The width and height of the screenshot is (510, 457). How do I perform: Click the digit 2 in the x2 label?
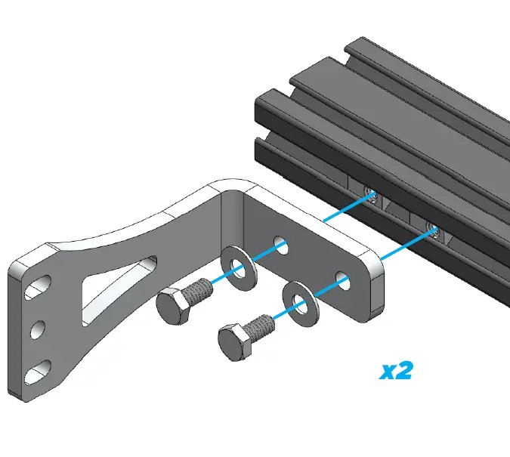coord(404,370)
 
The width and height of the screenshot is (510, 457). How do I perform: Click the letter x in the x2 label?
coord(388,372)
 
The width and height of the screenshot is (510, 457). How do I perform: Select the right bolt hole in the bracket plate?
coord(344,278)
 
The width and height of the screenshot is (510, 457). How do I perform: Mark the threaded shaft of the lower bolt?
coord(262,325)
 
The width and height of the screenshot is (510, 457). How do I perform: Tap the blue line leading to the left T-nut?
coord(347,208)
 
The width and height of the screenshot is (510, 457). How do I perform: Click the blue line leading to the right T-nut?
coord(404,243)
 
